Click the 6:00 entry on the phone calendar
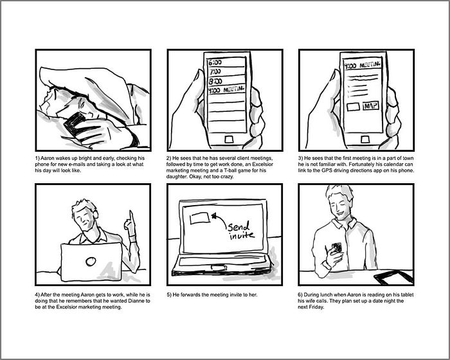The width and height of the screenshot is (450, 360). (215, 62)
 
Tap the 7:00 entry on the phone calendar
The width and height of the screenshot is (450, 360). (215, 71)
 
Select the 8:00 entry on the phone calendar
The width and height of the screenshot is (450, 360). (215, 81)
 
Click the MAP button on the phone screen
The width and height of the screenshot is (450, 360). (371, 106)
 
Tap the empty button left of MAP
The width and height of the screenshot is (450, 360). (354, 107)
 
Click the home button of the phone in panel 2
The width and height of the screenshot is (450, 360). (229, 139)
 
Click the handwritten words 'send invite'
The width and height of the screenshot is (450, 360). (240, 231)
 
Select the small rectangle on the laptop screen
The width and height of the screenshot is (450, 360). (199, 218)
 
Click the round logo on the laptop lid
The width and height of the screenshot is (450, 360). (91, 261)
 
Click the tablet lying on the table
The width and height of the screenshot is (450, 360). (393, 276)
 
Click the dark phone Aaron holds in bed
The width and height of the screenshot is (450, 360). (75, 124)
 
